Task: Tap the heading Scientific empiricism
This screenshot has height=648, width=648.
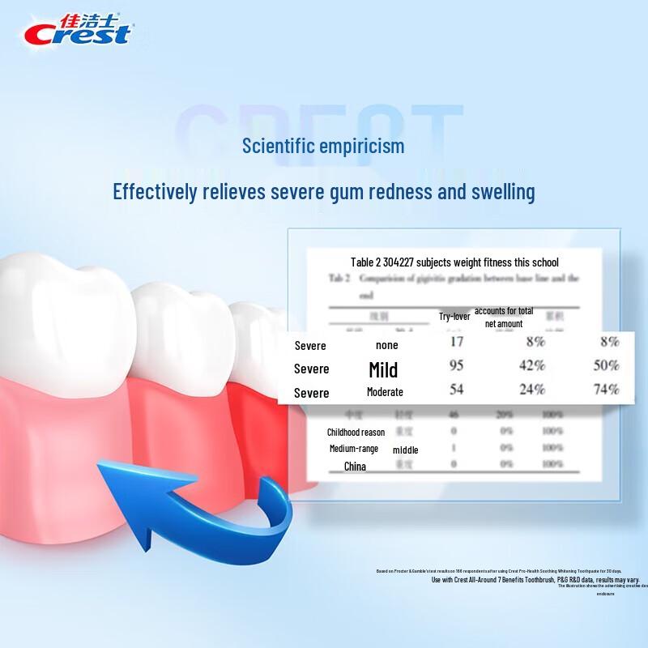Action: pos(323,146)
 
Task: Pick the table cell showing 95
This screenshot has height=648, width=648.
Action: pos(456,365)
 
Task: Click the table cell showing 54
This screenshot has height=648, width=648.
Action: pos(456,389)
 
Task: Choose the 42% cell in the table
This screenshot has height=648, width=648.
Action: pos(531,365)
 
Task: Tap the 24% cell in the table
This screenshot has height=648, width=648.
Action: pos(531,389)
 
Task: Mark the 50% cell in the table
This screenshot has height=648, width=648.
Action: pos(606,365)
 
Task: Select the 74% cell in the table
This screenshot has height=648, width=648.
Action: pos(606,389)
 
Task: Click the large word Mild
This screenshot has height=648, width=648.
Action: pos(383,370)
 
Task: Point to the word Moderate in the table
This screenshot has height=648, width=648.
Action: pos(385,392)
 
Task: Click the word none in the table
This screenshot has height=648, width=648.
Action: pos(387,346)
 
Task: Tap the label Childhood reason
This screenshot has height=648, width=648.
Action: pos(356,433)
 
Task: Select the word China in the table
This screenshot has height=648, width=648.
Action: pos(355,467)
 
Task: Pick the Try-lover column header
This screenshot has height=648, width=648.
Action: pos(455,317)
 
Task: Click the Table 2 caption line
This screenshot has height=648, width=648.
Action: pos(454,262)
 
